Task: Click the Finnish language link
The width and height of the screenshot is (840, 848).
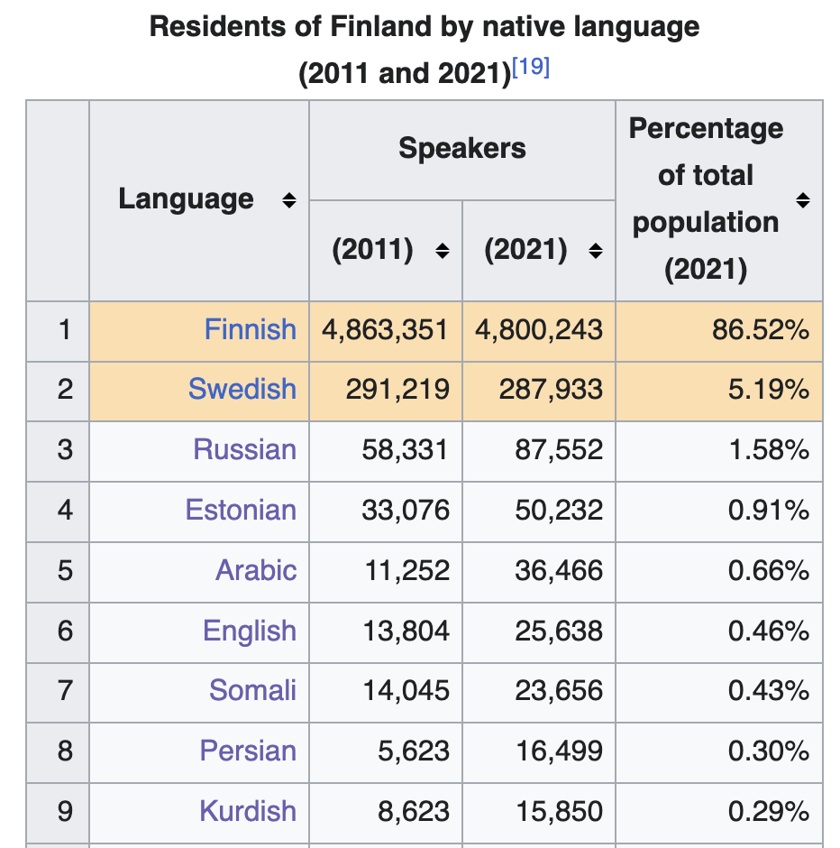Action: [x=250, y=329]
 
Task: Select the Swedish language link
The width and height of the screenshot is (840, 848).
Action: [x=242, y=390]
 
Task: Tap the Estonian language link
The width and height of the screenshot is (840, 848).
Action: [x=241, y=511]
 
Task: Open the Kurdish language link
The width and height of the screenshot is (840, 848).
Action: [x=248, y=811]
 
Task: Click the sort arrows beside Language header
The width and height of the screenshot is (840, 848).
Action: [x=288, y=200]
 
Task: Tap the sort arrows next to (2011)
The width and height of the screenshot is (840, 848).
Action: [x=442, y=252]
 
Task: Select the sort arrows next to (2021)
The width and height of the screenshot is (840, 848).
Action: [x=595, y=252]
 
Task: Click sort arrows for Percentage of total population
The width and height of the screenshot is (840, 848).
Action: [x=802, y=200]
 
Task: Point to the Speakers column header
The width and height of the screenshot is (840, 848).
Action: [x=461, y=149]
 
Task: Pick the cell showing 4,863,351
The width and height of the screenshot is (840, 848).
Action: [x=385, y=329]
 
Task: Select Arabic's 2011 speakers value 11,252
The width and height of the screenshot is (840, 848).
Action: [x=406, y=571]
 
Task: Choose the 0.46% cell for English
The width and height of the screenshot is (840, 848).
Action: [x=769, y=631]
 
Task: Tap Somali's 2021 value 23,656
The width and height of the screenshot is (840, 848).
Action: [x=559, y=691]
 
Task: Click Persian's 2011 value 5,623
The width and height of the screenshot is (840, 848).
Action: [x=414, y=751]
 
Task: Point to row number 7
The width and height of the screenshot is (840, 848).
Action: [x=64, y=691]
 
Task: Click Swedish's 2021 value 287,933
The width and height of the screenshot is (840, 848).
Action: [x=551, y=390]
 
